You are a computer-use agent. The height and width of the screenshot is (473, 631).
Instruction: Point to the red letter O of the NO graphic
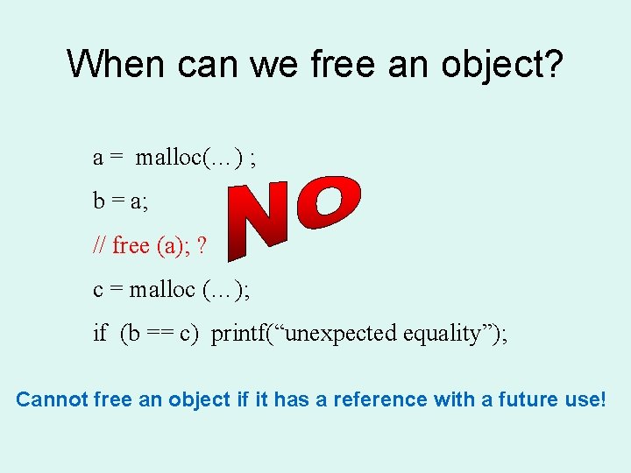click(329, 202)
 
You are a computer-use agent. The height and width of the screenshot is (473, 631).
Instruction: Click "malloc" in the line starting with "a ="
click(167, 158)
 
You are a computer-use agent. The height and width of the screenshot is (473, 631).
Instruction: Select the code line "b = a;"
click(120, 201)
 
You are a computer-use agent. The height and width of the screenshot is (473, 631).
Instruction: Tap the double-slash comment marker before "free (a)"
click(100, 246)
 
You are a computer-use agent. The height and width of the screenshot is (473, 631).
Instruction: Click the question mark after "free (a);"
click(202, 246)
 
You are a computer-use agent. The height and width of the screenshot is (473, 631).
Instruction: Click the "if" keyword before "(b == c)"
click(100, 334)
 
